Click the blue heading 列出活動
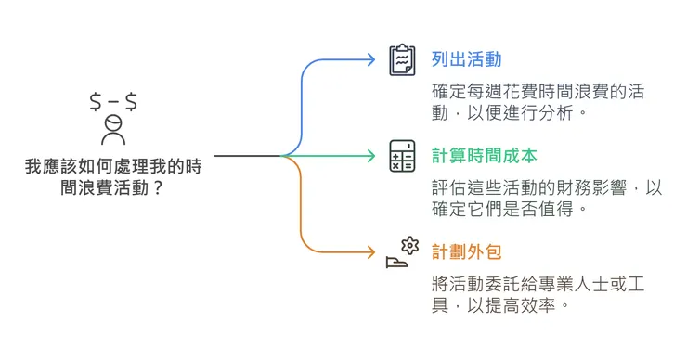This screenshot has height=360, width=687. pos(467,59)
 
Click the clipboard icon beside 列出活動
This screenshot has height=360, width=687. pos(402,60)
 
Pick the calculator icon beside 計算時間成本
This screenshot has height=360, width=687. pos(402,156)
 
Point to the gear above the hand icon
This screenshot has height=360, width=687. pos(409,245)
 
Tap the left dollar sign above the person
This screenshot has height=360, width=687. pos(96,101)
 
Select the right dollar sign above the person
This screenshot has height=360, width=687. pos(131,101)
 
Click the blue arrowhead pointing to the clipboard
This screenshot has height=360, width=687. pos(375,60)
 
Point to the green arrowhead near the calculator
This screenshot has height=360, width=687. pos(375,156)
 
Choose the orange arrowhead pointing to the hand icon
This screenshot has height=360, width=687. pos(375,251)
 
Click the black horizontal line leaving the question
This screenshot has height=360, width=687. pos(246,156)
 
